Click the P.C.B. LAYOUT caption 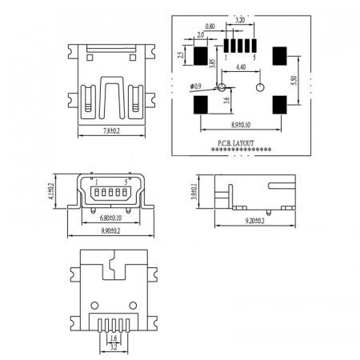pos(235,143)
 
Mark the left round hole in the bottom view pos(96,305)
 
